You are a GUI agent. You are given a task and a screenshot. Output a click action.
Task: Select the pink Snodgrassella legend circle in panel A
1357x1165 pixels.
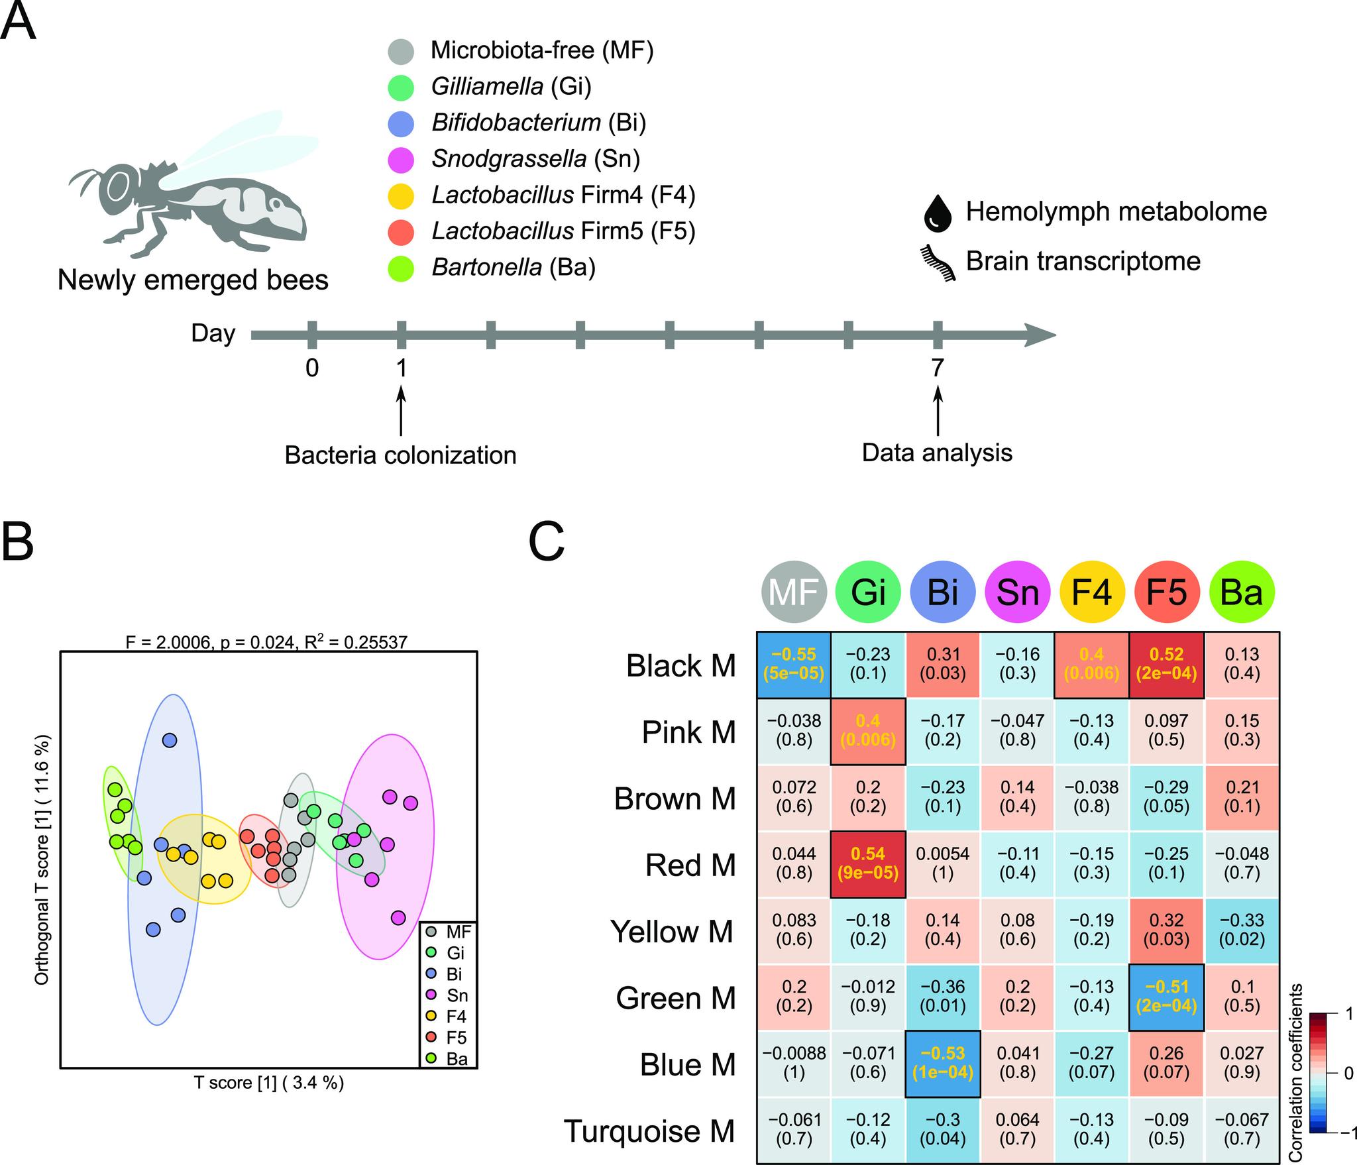[401, 159]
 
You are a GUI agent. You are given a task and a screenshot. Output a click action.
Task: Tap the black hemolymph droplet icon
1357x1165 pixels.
[937, 213]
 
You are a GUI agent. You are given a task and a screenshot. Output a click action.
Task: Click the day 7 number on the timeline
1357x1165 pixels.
[937, 367]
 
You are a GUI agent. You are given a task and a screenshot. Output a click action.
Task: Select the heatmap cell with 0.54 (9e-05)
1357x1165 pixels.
[868, 863]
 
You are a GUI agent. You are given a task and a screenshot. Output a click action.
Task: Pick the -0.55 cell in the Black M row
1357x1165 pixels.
[794, 664]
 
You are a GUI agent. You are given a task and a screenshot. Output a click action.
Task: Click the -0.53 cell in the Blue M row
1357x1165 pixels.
[942, 1063]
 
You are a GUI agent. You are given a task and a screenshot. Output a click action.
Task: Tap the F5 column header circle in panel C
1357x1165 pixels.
[1167, 592]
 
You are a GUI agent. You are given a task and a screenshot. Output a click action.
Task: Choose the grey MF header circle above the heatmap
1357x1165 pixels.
[794, 592]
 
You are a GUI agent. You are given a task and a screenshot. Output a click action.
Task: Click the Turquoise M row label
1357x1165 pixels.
[649, 1131]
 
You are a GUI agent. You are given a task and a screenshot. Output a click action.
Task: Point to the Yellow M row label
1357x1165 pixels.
[672, 931]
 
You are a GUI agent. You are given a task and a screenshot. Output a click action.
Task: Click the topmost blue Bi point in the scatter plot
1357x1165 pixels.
[170, 740]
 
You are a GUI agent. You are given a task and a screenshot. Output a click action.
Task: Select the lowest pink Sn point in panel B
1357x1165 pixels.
[398, 918]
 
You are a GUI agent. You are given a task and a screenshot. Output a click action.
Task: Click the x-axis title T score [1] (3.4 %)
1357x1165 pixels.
[268, 1083]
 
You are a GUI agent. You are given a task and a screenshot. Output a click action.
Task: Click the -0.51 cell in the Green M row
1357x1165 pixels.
[1167, 997]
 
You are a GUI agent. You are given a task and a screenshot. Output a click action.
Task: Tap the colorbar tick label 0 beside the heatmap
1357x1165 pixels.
[1348, 1074]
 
